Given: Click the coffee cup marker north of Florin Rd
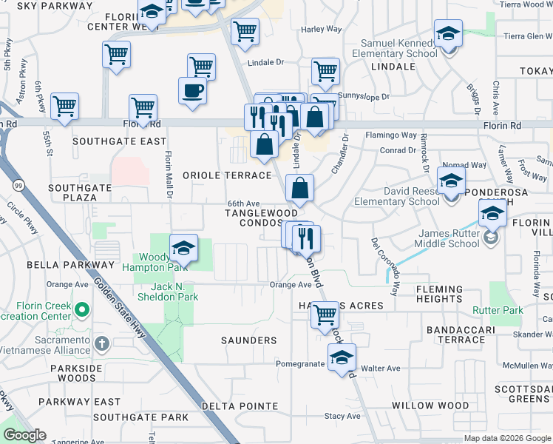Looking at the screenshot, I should pyautogui.click(x=192, y=91).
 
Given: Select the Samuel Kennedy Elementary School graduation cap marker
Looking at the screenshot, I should pyautogui.click(x=448, y=34).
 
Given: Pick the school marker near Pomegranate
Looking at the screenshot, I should pyautogui.click(x=342, y=358).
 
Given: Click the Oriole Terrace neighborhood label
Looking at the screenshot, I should pyautogui.click(x=228, y=175).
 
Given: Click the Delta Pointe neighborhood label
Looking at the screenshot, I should pyautogui.click(x=241, y=406).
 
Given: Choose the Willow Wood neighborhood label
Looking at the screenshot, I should pyautogui.click(x=430, y=406).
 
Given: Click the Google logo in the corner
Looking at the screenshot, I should pyautogui.click(x=25, y=435).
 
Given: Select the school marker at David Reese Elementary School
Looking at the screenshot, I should pyautogui.click(x=450, y=180).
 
